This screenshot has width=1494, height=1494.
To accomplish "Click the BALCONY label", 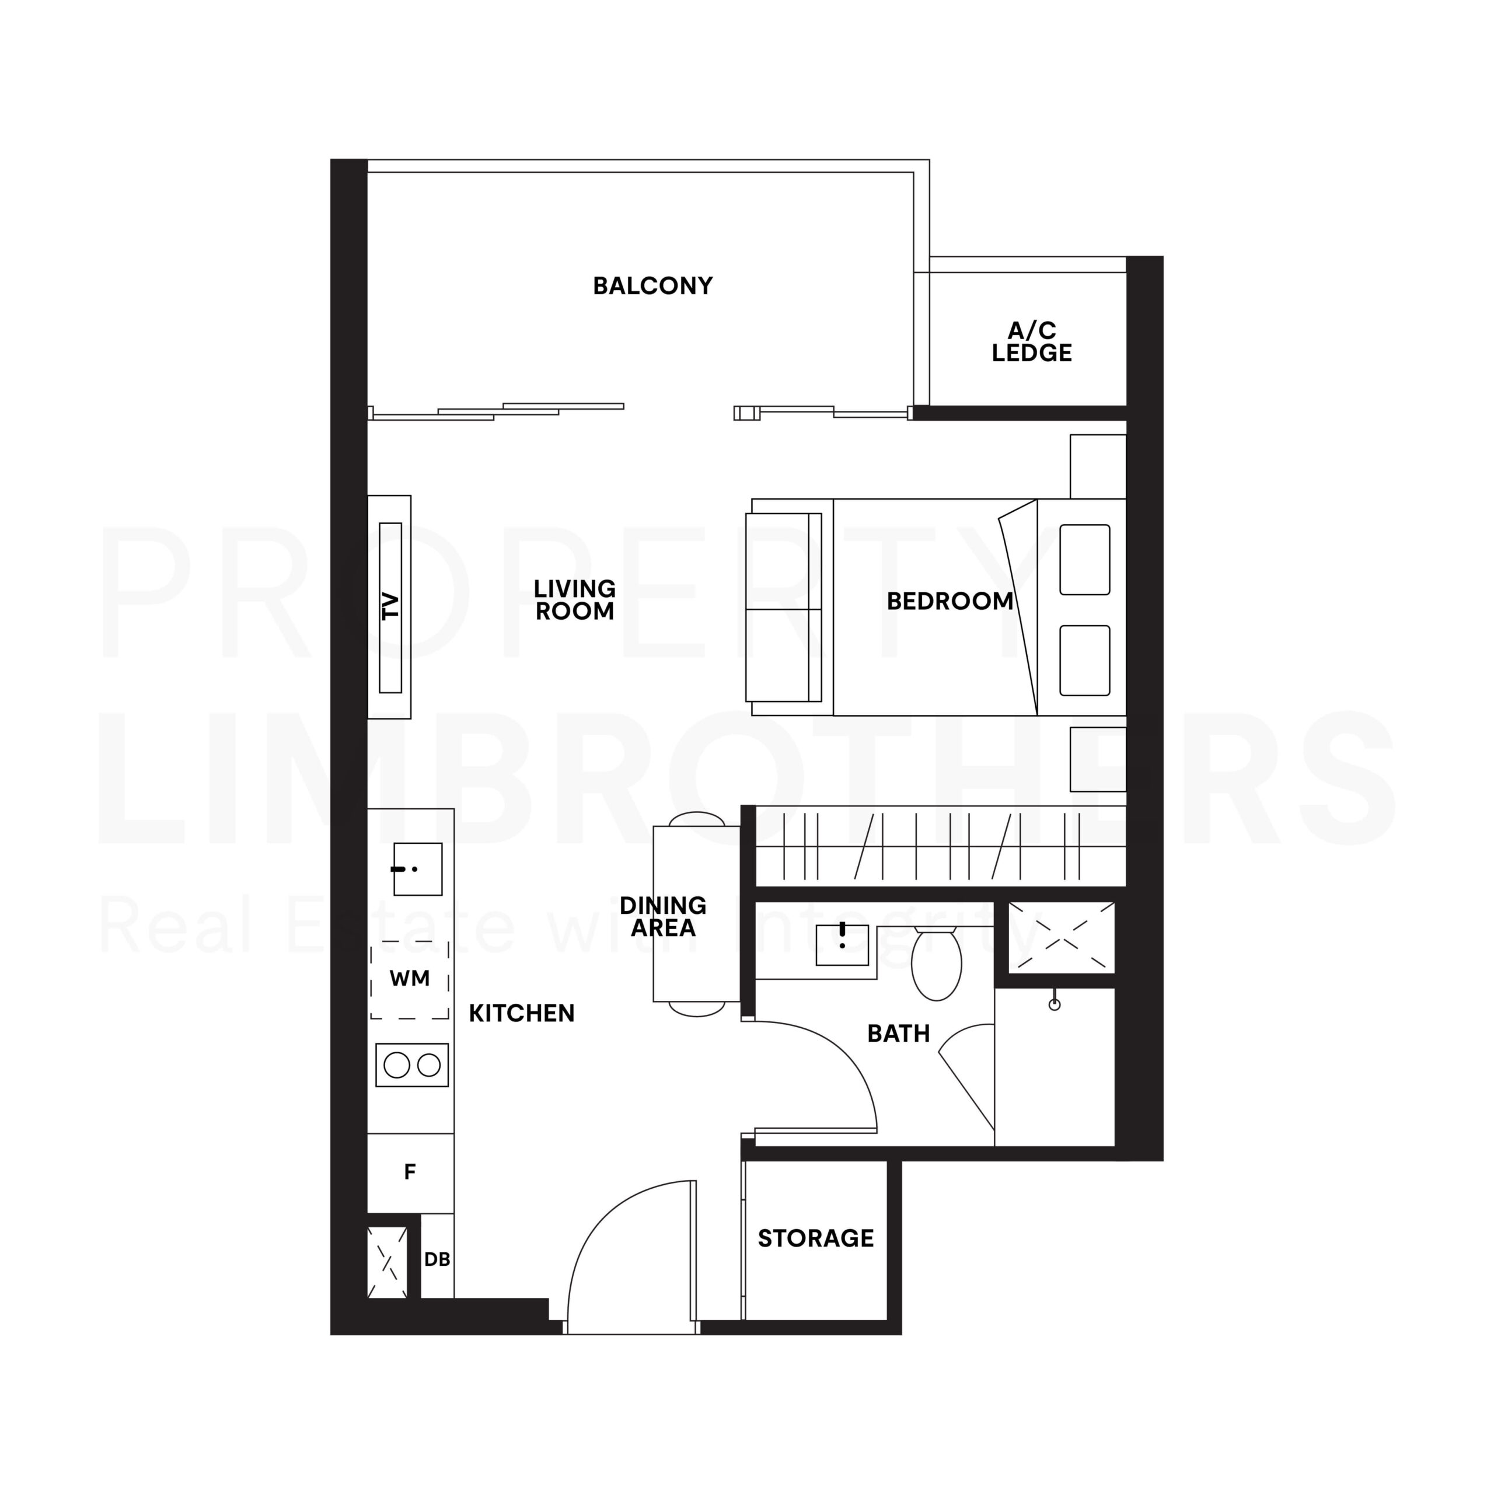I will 652,286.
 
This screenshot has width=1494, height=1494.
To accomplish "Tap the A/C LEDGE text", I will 1032,342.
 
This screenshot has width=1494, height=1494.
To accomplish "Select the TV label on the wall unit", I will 391,606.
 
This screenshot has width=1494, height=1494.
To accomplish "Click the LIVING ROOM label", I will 575,599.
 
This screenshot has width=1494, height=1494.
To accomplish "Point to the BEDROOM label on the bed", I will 950,601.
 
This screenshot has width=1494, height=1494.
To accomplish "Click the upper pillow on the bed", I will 1084,560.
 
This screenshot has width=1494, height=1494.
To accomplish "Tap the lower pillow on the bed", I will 1084,661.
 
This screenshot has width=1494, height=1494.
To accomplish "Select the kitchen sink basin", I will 418,869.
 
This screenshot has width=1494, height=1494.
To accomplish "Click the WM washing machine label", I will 409,978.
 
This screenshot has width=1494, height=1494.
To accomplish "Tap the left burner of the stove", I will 397,1066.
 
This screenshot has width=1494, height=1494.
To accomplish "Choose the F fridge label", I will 410,1172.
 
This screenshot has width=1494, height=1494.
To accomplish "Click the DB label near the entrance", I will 437,1260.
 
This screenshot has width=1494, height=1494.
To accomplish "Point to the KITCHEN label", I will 521,1014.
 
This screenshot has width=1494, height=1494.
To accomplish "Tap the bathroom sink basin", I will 842,945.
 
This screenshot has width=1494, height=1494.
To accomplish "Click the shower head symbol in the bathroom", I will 1054,1004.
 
